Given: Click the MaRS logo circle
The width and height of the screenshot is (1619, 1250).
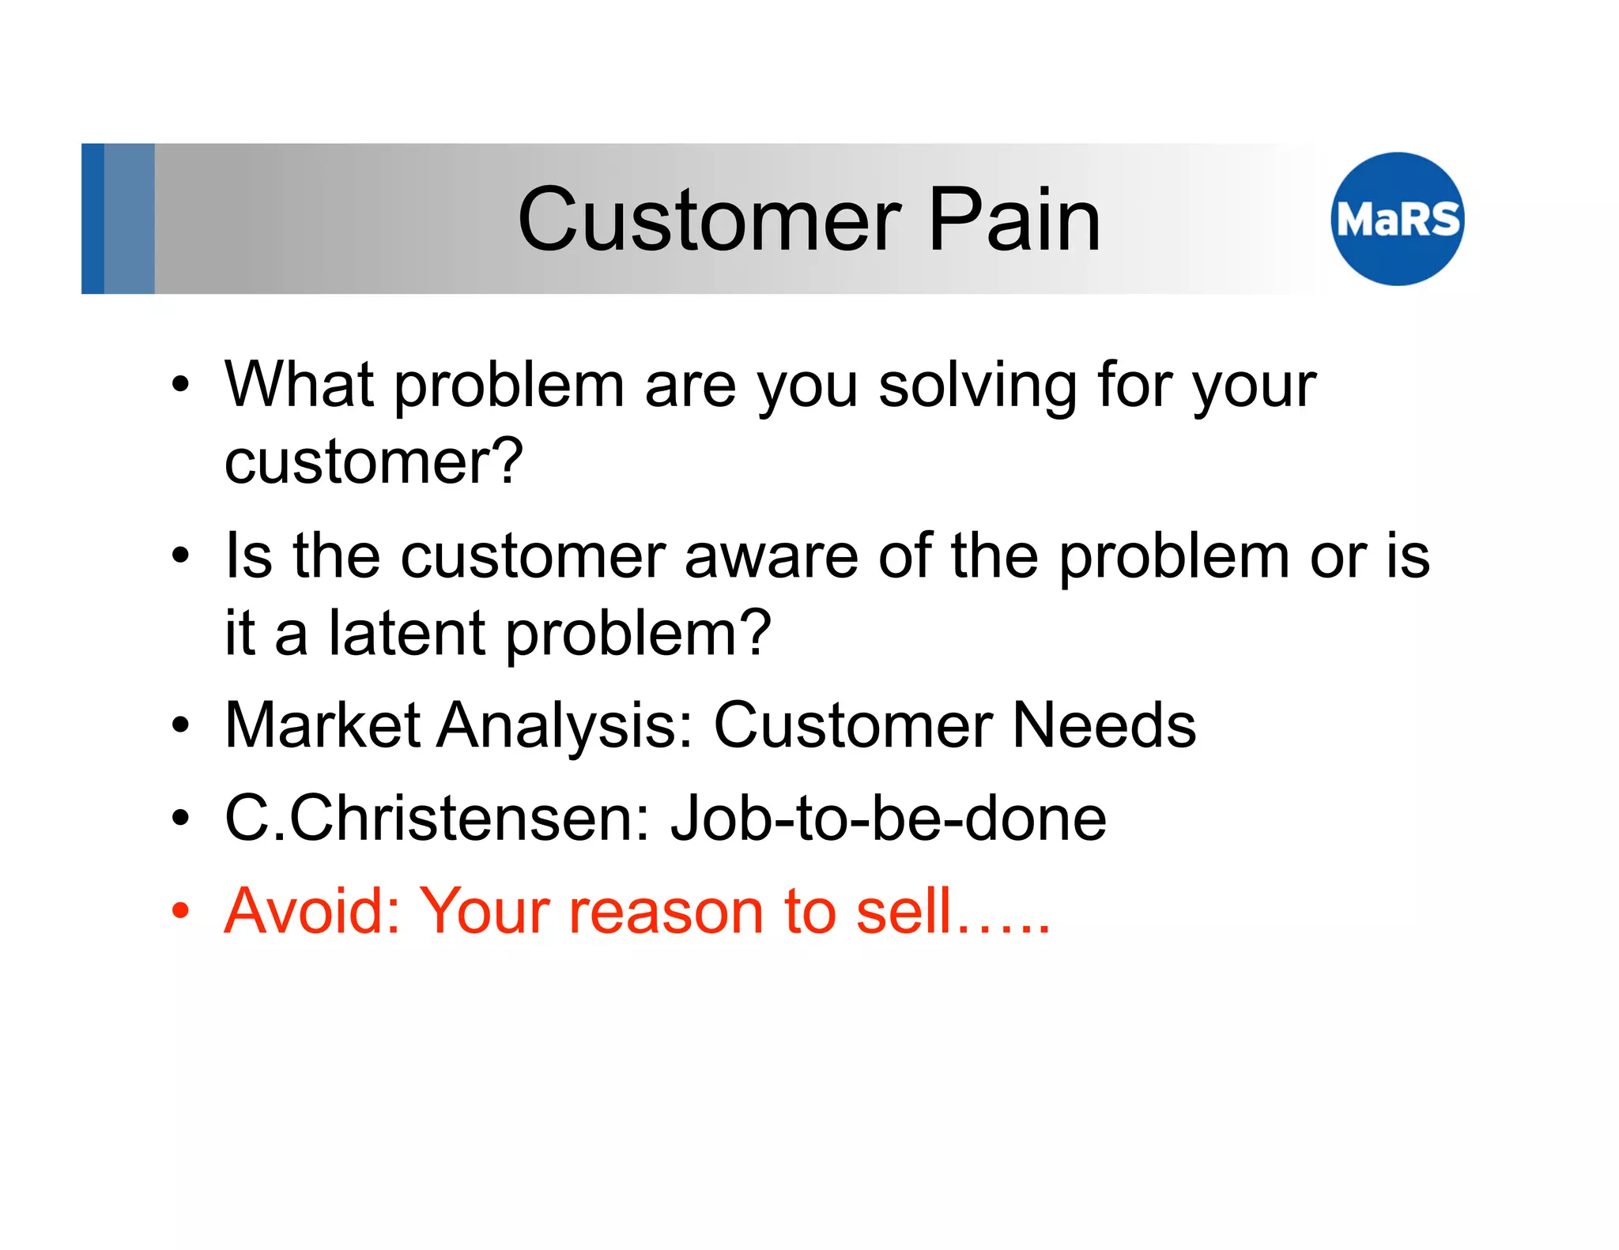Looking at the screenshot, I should click(x=1397, y=219).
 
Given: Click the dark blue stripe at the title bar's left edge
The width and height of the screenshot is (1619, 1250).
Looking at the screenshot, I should click(x=92, y=219).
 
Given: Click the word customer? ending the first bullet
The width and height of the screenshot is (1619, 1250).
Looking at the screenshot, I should click(x=374, y=462).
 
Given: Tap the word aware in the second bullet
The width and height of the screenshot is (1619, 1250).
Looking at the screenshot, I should click(x=771, y=556).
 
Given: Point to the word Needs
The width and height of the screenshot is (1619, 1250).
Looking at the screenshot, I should click(x=1104, y=725).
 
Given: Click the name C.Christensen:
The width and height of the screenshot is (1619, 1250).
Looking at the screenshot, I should click(x=436, y=819).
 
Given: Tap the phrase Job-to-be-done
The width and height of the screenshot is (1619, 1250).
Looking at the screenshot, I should click(x=888, y=819).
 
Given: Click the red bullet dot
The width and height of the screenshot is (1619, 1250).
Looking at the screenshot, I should click(x=181, y=911).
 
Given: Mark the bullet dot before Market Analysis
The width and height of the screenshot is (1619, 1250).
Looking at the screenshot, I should click(x=181, y=725).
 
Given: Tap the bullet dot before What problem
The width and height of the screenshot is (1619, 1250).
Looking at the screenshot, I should click(x=181, y=385).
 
